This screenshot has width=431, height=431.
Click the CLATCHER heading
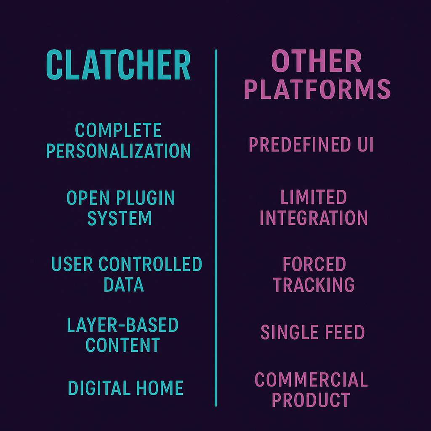tap(118, 64)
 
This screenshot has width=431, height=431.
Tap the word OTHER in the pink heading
tap(317, 61)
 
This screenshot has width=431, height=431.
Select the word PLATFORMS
tap(317, 89)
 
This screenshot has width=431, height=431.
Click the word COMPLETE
tap(118, 130)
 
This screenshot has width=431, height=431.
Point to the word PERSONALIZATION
tap(118, 151)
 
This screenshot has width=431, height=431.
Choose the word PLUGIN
tap(145, 198)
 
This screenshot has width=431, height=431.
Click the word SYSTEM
tap(120, 218)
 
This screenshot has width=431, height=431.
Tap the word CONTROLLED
tap(150, 264)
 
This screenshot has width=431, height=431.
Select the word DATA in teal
tap(124, 285)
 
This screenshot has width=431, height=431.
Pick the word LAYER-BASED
tap(123, 325)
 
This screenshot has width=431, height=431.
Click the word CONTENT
tap(123, 345)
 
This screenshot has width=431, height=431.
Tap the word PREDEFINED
tap(300, 144)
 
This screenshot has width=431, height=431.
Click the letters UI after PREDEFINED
tap(366, 144)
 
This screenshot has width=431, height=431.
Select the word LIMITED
tap(314, 197)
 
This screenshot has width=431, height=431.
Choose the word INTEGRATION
tap(314, 218)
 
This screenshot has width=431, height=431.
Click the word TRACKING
tap(314, 285)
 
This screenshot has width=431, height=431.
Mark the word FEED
tap(345, 332)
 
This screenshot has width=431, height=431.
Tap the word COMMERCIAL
tap(311, 380)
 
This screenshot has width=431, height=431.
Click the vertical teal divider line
tap(215, 228)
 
